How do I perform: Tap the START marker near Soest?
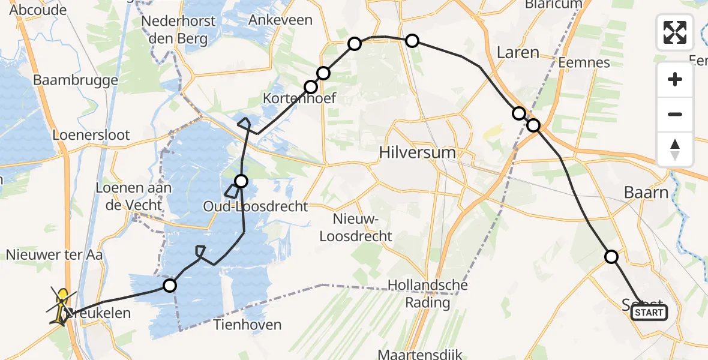click(649, 313)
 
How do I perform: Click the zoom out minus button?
click(675, 114)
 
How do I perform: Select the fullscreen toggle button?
click(675, 32)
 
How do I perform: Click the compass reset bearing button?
click(675, 149)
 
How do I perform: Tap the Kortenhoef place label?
click(299, 98)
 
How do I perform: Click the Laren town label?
click(518, 53)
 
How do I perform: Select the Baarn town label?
click(646, 193)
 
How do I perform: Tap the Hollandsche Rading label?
click(427, 293)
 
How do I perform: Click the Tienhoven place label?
click(248, 325)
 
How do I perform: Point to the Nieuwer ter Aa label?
click(54, 254)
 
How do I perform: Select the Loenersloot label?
click(91, 134)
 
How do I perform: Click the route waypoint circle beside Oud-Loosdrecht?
click(241, 181)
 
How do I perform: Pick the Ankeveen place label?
click(280, 20)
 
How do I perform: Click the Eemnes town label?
click(583, 62)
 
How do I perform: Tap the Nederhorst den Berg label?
click(174, 31)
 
